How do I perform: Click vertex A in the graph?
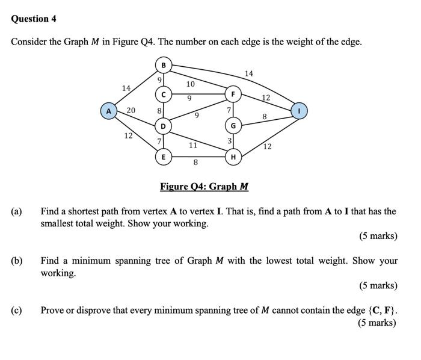[108, 111]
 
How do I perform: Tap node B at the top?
[163, 64]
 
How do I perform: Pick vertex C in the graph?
[163, 95]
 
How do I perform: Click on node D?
[163, 126]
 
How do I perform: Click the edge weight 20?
[131, 110]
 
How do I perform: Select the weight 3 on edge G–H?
[229, 141]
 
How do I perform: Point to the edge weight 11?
[193, 145]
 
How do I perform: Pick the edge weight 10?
[190, 84]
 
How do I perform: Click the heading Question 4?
[34, 19]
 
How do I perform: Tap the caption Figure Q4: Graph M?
[204, 187]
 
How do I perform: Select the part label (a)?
[16, 212]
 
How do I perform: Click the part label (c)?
[16, 311]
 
